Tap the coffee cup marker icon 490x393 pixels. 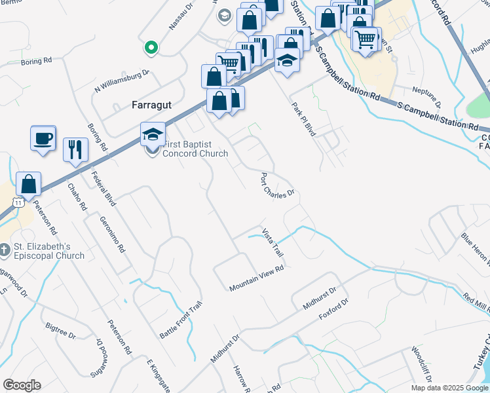tap(43, 139)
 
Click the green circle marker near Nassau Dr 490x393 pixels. tap(151, 47)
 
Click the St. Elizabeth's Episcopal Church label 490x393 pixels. tap(49, 251)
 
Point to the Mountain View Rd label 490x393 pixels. tap(256, 278)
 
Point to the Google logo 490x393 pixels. tap(22, 385)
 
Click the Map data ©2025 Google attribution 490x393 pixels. tap(449, 388)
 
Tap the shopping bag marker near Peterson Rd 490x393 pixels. tap(29, 183)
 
